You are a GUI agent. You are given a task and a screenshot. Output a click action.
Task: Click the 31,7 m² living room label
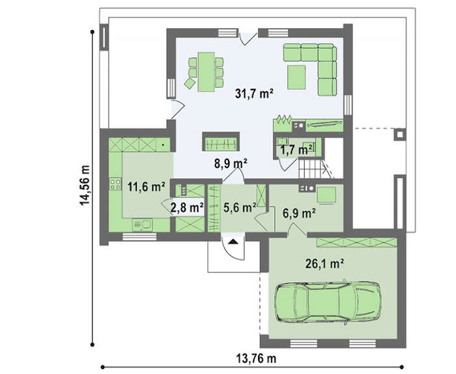[254, 94]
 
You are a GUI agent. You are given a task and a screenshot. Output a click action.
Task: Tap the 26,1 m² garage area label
[325, 264]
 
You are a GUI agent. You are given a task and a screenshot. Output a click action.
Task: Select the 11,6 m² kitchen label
[147, 187]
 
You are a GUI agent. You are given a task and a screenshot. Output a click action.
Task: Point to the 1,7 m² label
[296, 150]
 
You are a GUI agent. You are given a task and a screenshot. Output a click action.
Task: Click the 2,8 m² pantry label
[187, 207]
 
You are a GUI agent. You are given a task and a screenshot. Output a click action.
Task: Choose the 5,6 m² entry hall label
[240, 207]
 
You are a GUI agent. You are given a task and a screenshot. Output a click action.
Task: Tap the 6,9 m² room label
[300, 214]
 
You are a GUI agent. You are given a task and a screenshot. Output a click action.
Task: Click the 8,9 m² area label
[231, 164]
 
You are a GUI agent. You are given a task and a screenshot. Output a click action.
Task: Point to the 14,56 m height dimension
[85, 185]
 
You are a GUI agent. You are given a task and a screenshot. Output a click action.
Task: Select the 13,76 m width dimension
[256, 358]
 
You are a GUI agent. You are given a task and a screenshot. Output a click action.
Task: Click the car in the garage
[328, 302]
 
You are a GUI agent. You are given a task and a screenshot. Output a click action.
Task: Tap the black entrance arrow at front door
[233, 241]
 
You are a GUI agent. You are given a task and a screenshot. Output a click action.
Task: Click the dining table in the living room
[207, 72]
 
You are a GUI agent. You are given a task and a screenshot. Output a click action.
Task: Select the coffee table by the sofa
[296, 77]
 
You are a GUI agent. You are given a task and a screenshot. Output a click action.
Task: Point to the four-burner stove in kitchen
[115, 184]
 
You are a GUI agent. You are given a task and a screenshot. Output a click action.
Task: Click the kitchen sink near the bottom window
[142, 225]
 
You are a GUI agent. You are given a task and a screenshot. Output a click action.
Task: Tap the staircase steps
[311, 169]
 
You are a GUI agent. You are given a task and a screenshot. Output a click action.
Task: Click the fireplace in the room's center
[221, 141]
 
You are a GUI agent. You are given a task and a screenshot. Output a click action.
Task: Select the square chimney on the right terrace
[400, 134]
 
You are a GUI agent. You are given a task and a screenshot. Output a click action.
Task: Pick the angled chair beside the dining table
[190, 83]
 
